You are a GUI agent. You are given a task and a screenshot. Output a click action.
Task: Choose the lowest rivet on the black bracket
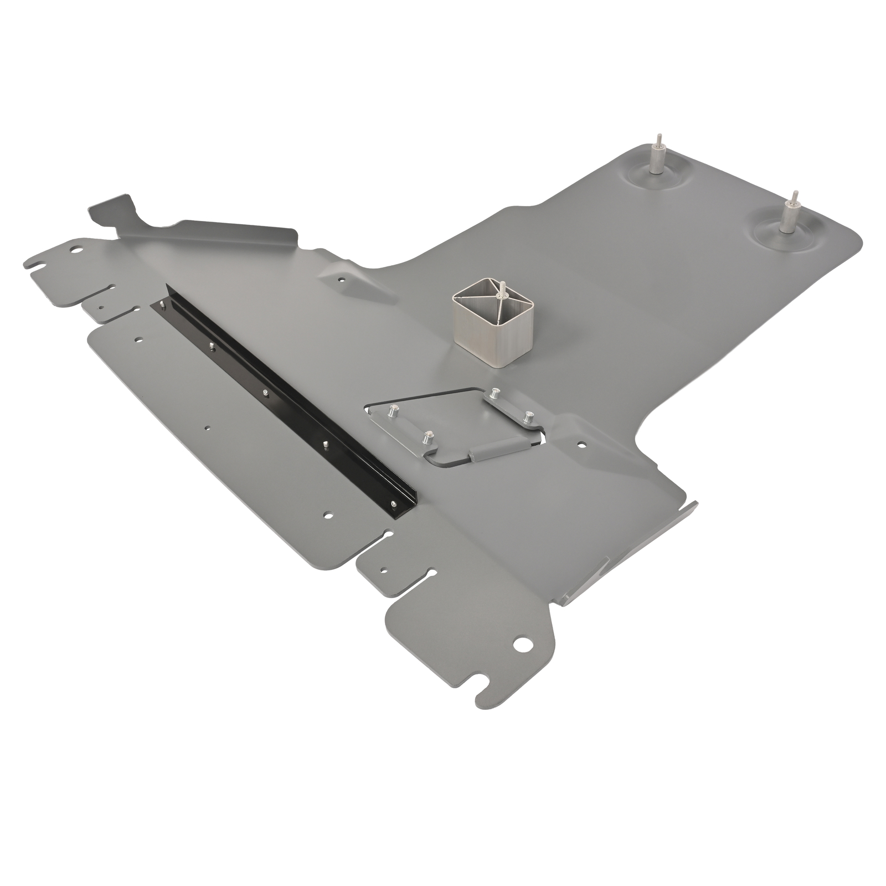393,503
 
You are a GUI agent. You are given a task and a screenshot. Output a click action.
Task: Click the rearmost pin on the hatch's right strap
494,393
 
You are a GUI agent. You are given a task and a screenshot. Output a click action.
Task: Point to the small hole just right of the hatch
581,444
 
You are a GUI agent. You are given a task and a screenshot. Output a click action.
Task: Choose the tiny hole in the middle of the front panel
206,427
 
